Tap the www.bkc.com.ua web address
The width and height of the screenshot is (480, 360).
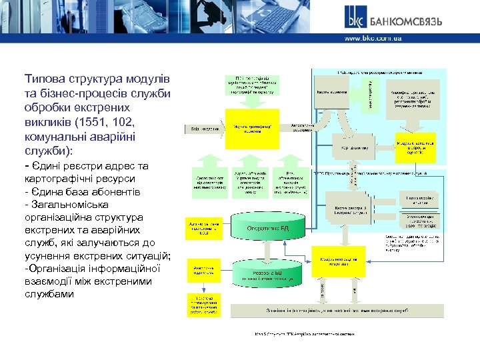click(373, 39)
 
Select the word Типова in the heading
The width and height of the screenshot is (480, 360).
click(45, 79)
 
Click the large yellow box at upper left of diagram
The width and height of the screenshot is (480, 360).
click(242, 128)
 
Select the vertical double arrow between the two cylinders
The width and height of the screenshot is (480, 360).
click(268, 252)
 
